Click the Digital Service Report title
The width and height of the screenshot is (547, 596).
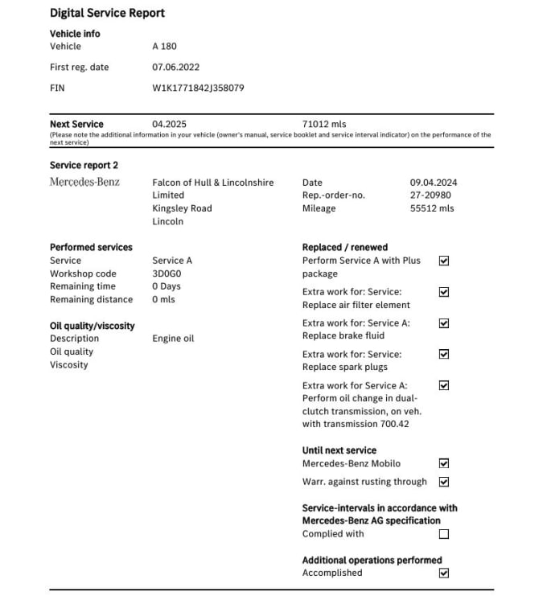[x=107, y=13]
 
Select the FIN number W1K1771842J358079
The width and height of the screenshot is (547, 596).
[x=198, y=88]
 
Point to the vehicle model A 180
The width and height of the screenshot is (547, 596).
[x=164, y=47]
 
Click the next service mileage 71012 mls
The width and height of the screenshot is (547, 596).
[x=324, y=124]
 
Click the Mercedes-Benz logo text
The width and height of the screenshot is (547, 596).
[x=84, y=183]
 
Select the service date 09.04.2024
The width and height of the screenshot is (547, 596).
[x=434, y=183]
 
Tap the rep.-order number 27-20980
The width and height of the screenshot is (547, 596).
[x=430, y=195]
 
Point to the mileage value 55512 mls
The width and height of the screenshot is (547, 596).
[x=432, y=208]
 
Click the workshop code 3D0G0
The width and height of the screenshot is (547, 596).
[x=167, y=273]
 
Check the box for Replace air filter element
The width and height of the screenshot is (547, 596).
[x=444, y=292]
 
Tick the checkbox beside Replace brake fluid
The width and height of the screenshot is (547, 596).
[x=444, y=323]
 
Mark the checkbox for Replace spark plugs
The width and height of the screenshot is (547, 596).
[x=444, y=354]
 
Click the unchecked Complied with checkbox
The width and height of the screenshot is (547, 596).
[x=444, y=534]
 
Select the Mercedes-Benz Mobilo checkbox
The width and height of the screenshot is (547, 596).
[x=444, y=463]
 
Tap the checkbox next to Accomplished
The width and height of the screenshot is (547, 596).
[x=444, y=573]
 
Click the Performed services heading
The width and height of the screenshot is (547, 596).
[x=91, y=247]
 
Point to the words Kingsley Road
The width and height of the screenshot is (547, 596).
[x=182, y=208]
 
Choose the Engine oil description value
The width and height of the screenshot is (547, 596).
[x=173, y=339]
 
